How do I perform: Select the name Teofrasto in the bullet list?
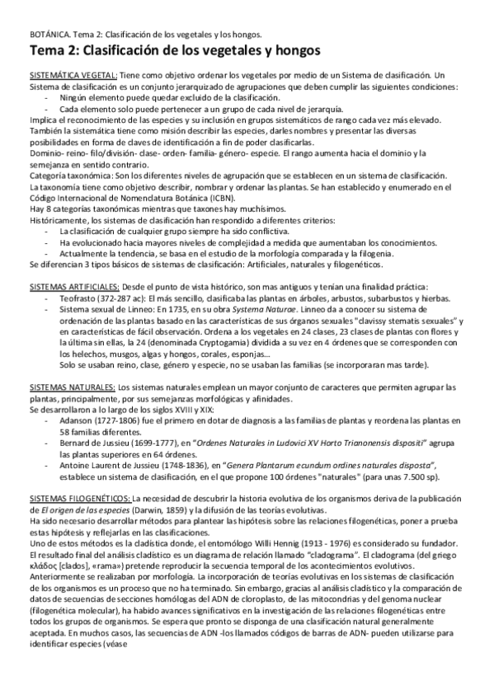point(76,295)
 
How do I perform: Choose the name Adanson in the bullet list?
point(77,420)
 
